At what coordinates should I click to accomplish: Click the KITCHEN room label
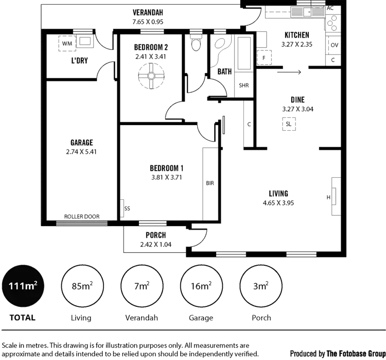coord(296,35)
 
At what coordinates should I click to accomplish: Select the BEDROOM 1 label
coord(166,168)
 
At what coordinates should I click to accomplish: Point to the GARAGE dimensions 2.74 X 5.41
coord(82,152)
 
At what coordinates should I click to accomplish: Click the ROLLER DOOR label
coord(82,217)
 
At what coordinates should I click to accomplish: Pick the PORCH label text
coord(155,235)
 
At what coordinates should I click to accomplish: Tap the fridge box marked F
coord(265,58)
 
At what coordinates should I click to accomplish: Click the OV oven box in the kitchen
coord(334,45)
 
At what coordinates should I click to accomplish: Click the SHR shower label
coord(243,85)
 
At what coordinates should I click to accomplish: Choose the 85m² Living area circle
coord(82,286)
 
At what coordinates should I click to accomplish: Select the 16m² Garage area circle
coord(201,286)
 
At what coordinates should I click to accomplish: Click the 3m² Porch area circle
coord(261,286)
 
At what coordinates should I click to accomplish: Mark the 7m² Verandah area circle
coord(142,286)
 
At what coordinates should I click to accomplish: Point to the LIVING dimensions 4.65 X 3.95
coord(277,202)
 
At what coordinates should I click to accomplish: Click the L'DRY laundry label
coord(79,61)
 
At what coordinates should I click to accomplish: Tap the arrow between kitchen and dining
coord(292,73)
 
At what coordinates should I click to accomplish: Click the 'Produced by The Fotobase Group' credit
coord(336,354)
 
